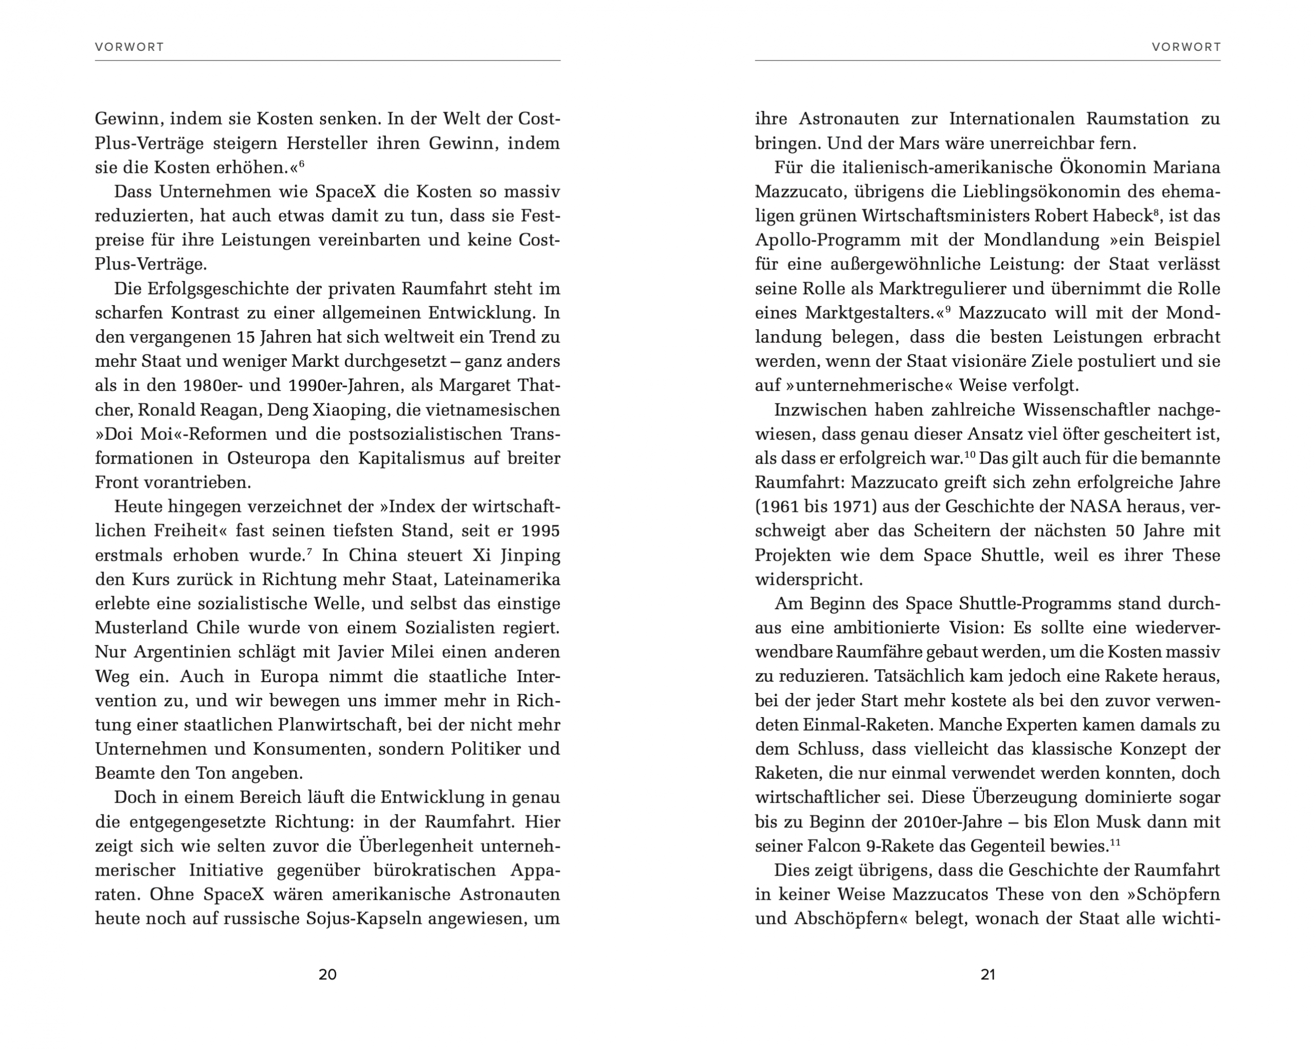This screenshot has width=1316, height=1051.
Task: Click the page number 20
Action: (x=328, y=974)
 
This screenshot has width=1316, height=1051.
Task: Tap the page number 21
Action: (x=988, y=974)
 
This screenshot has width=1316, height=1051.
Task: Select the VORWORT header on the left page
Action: (x=130, y=47)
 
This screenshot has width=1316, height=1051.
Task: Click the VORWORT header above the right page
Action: (x=1186, y=47)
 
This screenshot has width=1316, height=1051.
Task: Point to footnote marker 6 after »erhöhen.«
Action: (x=302, y=163)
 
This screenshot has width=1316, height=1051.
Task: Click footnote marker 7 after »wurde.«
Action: (x=309, y=551)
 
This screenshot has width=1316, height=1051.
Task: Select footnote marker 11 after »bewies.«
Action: (x=1115, y=842)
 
